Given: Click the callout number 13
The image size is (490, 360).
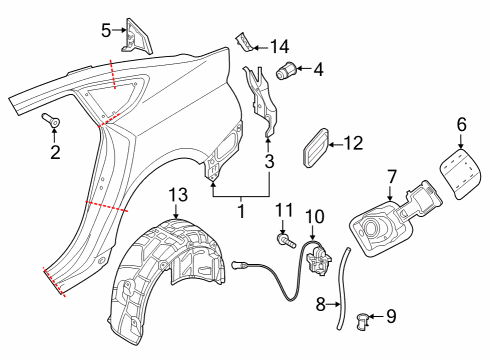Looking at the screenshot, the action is (178, 195).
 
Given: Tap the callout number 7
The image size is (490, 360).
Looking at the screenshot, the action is (392, 177).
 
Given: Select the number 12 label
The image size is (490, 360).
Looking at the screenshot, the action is (353, 143).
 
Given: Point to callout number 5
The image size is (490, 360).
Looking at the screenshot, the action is (106, 31).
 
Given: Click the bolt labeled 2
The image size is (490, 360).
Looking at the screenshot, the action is (51, 120).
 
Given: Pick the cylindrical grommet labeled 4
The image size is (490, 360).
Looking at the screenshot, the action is (286, 70).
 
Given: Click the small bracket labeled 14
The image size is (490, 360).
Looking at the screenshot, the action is (245, 42).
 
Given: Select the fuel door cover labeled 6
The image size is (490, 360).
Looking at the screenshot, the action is (459, 174).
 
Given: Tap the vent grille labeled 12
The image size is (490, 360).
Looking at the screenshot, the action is (316, 147).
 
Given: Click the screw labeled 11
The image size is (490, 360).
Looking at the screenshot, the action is (286, 241).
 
